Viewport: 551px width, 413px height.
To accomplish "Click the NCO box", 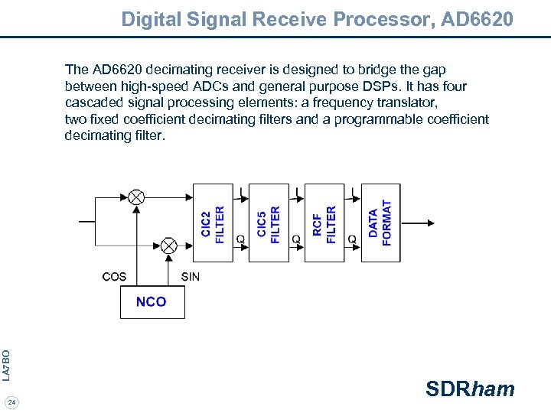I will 152,301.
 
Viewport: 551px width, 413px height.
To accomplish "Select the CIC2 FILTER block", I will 213,223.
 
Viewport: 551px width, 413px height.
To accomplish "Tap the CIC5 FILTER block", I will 269,223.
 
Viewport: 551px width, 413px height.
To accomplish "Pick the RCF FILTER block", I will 324,223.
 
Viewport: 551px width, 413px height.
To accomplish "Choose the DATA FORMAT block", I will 380,223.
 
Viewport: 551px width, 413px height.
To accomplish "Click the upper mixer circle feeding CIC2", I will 136,197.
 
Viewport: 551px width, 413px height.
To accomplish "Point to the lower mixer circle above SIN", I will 168,246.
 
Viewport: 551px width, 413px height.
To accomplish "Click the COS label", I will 114,276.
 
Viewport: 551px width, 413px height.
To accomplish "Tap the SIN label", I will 191,276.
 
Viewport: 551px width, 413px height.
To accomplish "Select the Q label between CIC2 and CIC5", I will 240,239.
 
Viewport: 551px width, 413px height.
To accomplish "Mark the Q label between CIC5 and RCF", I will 296,239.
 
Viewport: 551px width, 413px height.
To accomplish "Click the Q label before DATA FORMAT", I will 352,239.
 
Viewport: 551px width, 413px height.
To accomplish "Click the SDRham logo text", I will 470,389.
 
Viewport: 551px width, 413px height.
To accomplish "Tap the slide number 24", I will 11,402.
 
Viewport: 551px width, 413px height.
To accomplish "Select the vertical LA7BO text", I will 6,365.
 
